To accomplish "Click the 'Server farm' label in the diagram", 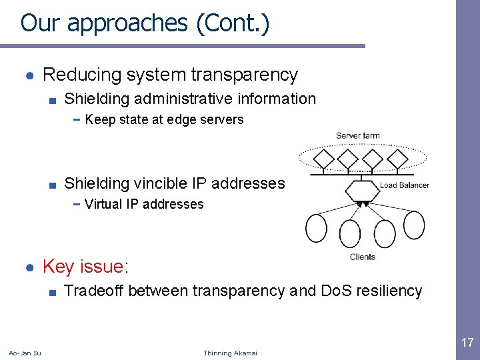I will (357, 136).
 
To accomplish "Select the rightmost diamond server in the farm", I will (397, 160).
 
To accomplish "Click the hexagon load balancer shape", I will (361, 189).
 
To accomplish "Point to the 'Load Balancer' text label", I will (405, 185).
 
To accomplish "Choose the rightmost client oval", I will (413, 225).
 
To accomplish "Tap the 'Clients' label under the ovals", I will (362, 257).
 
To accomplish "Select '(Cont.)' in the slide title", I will (233, 23).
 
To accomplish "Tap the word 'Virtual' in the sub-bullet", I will (103, 204).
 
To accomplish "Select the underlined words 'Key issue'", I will (83, 267).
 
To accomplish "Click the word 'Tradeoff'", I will (93, 291).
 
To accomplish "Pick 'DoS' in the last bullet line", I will (337, 291).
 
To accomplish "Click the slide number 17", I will (467, 343).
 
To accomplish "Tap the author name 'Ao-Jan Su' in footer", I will (25, 353).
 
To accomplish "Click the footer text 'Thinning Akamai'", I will (230, 353).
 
